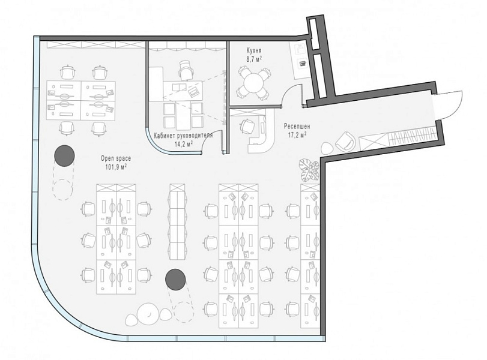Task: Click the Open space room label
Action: (x=116, y=158)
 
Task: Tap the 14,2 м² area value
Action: (x=183, y=144)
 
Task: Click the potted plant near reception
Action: (x=309, y=170)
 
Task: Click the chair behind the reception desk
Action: (x=246, y=127)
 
